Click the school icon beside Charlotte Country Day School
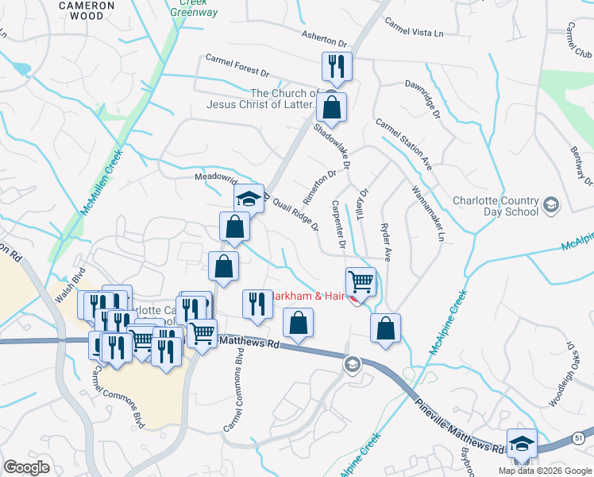[x=550, y=207]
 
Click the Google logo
[x=26, y=467]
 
